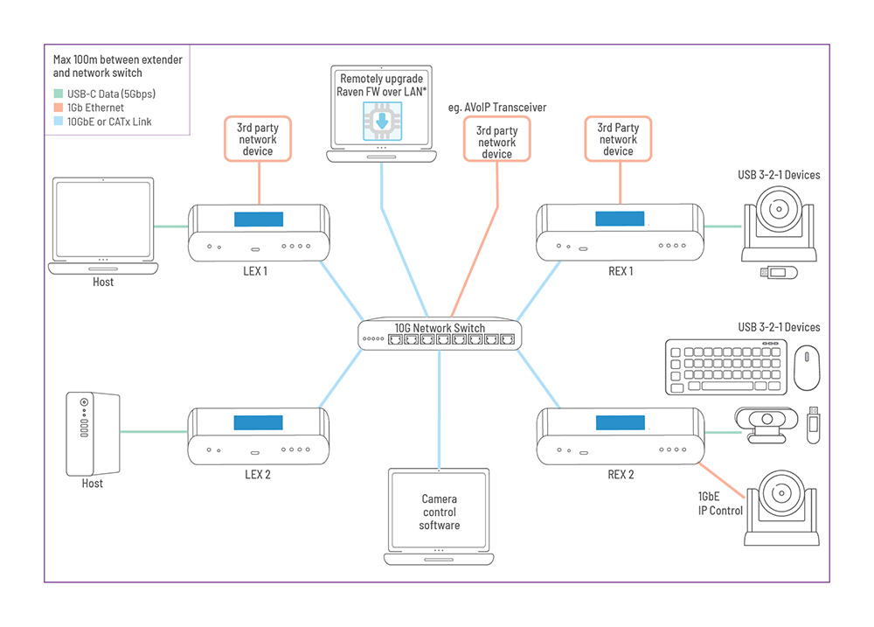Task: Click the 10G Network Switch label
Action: [x=439, y=328]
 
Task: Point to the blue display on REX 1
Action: [x=618, y=219]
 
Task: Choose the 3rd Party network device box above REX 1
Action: [x=618, y=139]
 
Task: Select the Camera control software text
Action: [x=440, y=512]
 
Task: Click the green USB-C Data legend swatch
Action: [x=59, y=94]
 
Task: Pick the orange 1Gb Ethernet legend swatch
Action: [x=59, y=108]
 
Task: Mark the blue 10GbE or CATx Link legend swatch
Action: [x=59, y=122]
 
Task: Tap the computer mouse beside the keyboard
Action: [x=807, y=367]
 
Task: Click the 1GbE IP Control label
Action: [x=721, y=504]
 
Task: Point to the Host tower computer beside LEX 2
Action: [x=93, y=433]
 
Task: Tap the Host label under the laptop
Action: [x=103, y=282]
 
